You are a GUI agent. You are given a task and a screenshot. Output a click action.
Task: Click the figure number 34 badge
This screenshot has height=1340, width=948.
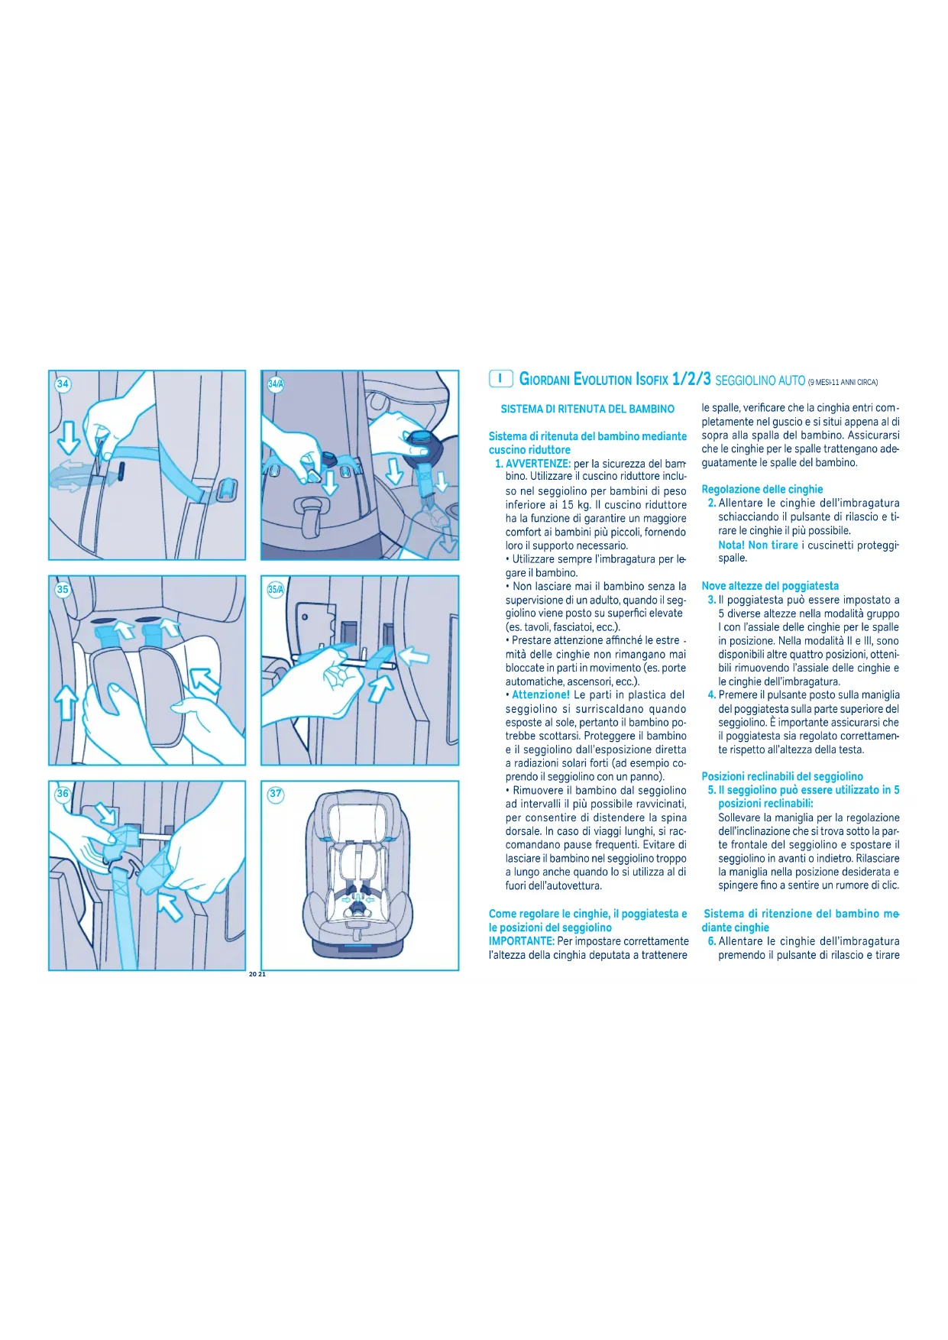[x=63, y=384]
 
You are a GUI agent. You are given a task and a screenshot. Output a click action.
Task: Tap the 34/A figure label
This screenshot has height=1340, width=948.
[x=276, y=384]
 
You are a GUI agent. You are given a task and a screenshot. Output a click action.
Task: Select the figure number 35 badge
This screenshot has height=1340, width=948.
[x=63, y=589]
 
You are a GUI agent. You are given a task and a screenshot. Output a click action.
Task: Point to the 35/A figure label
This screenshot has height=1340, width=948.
[x=276, y=589]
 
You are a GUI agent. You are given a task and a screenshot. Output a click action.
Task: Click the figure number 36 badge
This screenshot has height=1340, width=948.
[x=63, y=794]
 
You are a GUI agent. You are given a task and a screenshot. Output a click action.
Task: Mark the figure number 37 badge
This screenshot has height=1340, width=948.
[x=276, y=794]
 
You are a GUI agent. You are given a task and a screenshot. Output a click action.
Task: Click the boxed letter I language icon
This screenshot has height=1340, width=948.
[x=500, y=378]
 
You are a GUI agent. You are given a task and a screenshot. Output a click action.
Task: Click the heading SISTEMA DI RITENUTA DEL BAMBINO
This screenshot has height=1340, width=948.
[x=587, y=409]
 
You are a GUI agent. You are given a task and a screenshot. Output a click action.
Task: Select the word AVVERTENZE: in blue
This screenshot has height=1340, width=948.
[x=538, y=464]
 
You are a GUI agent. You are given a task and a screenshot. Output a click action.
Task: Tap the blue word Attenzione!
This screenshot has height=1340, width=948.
[x=541, y=695]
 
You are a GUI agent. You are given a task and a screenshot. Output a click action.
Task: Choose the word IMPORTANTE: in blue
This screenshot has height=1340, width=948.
[x=522, y=941]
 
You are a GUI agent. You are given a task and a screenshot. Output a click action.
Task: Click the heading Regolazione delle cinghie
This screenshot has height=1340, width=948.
[x=762, y=490]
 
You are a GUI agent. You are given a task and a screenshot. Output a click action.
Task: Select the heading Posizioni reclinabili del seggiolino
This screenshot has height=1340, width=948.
[x=782, y=777]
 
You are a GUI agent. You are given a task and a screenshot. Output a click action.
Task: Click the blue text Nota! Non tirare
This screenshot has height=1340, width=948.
[x=758, y=545]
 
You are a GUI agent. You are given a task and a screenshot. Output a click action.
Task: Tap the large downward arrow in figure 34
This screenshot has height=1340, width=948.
[x=69, y=438]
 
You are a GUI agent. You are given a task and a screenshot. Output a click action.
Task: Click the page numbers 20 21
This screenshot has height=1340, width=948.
[x=257, y=974]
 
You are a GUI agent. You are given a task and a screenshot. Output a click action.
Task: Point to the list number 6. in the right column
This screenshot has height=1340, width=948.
[x=712, y=942]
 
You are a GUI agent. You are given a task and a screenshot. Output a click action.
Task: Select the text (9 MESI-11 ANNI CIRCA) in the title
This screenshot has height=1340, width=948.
[x=843, y=383]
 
